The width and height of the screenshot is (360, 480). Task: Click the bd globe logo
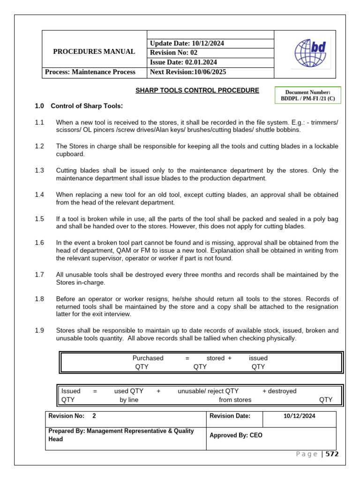310,54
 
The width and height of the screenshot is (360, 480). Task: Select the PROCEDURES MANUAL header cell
94,52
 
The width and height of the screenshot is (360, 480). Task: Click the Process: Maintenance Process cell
90,72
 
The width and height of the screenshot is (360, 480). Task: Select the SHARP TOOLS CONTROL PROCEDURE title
197,90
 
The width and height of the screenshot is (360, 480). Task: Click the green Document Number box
307,96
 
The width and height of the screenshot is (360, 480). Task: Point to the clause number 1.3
39,171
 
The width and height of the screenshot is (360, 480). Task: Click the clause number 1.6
39,243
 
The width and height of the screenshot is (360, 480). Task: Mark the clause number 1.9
39,331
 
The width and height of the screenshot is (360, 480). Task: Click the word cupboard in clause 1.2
70,154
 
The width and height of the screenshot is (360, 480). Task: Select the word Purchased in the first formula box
148,358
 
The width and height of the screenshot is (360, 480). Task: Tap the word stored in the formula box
216,358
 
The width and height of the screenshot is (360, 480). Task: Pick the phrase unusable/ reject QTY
208,391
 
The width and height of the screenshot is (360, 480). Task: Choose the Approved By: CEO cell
236,435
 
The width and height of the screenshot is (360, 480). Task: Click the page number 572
332,454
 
